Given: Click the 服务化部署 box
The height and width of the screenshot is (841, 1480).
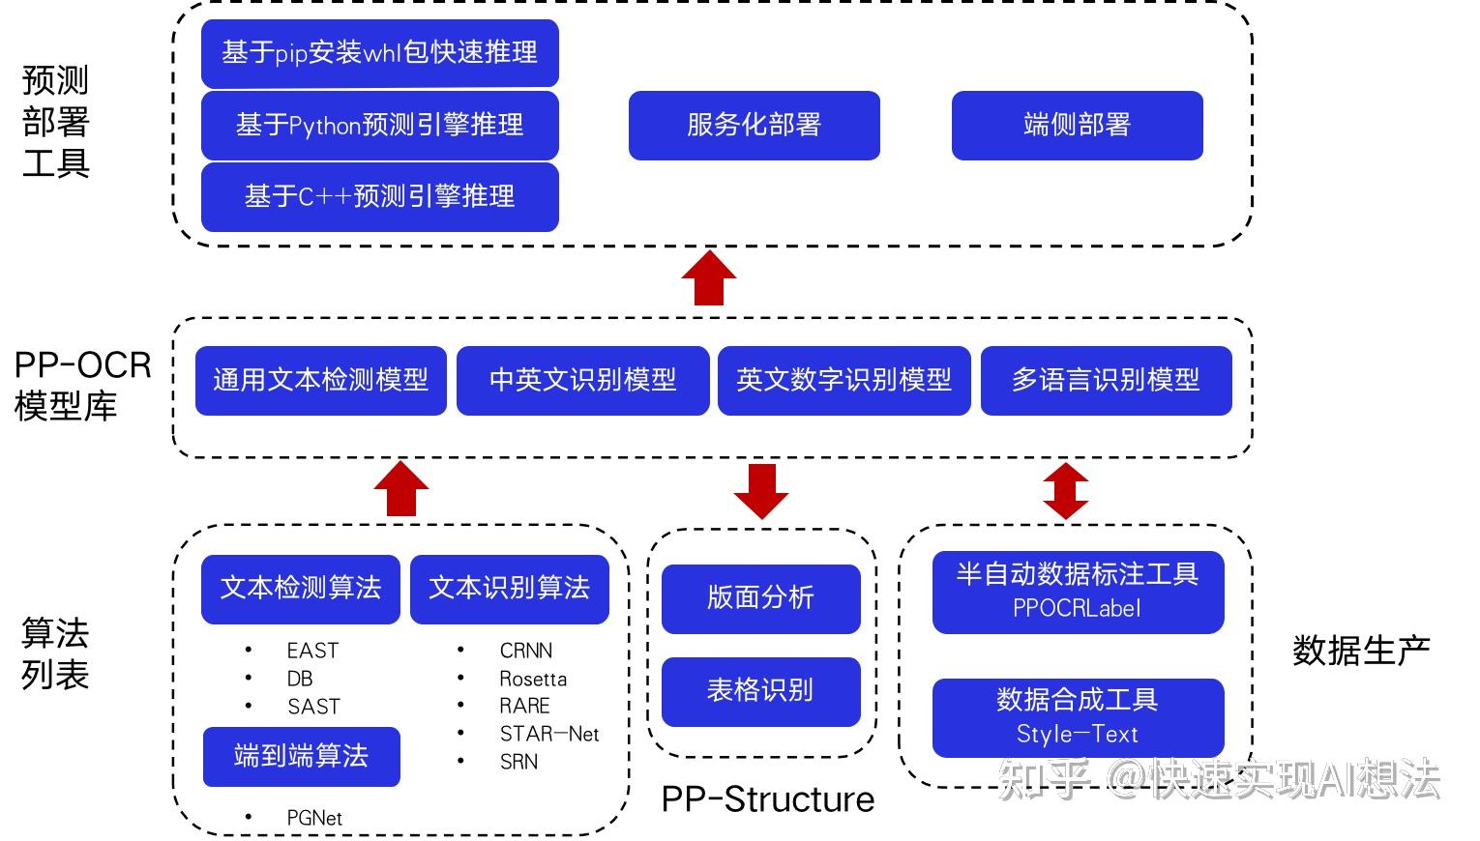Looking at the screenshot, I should (754, 125).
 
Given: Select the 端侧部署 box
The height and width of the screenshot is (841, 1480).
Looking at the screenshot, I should (1077, 125).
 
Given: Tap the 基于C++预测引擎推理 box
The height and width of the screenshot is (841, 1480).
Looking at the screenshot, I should (379, 196).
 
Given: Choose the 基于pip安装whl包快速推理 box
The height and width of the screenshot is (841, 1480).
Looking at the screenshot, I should (379, 52).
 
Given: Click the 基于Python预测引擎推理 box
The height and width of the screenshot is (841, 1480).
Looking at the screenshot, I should (379, 125).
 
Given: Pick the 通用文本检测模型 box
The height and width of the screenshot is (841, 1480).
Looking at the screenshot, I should (320, 380).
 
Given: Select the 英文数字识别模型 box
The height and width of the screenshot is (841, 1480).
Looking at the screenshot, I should (844, 380).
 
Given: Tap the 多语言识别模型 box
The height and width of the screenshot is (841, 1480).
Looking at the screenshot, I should (1106, 380).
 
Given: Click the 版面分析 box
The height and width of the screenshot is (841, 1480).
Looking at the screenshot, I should (760, 598).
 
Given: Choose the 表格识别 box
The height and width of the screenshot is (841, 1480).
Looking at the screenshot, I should (760, 691).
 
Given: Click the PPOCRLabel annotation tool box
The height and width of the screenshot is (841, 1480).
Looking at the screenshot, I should (1078, 592).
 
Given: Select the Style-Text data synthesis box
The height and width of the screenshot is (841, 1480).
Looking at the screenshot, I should (1078, 717).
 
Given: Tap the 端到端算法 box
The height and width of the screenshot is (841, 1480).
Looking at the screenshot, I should (301, 756).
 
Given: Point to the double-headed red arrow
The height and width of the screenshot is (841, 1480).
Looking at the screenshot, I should (1065, 491).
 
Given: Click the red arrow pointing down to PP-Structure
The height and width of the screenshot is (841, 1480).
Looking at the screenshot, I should (760, 491).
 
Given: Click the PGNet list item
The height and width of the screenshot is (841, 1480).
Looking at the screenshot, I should (314, 818).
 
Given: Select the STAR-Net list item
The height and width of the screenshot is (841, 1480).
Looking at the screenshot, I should (548, 734).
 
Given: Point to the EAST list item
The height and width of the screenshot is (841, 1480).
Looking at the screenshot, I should (312, 651).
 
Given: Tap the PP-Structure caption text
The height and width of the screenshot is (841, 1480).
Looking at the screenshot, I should (767, 799).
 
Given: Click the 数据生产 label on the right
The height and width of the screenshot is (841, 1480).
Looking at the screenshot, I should (1361, 651).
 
